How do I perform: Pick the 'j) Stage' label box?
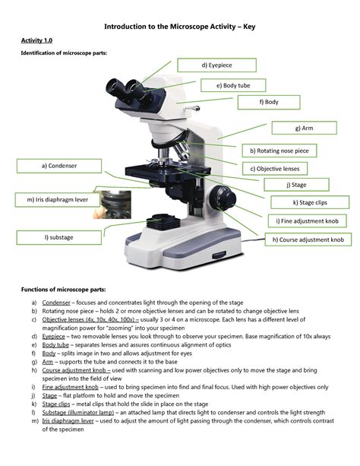(x=296, y=184)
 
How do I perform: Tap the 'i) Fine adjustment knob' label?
(x=311, y=220)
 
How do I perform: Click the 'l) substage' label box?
(x=58, y=237)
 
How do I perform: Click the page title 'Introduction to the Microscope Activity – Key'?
(x=180, y=28)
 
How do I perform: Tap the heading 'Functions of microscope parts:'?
(x=63, y=290)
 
